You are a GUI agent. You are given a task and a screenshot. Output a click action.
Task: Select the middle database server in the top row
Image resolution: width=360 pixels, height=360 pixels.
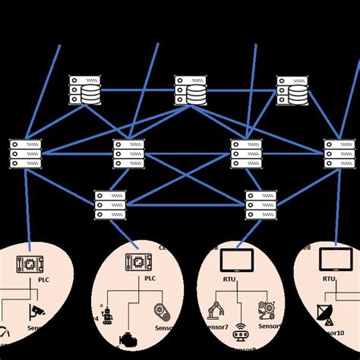click(189, 90)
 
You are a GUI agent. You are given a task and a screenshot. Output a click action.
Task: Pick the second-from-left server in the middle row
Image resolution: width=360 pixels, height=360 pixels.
click(128, 153)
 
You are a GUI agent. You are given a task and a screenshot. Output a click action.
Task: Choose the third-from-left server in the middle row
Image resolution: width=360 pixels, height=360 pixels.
click(245, 153)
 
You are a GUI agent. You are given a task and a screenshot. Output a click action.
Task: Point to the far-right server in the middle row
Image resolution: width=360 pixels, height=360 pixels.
click(339, 153)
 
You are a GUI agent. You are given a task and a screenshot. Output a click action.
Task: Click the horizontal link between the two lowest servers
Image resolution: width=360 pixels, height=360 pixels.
click(186, 204)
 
